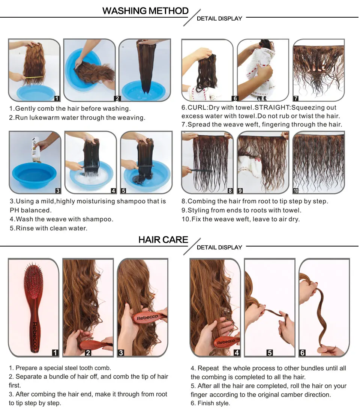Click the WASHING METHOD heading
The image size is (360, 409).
pyautogui.click(x=145, y=11)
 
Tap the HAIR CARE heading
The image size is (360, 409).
pyautogui.click(x=163, y=240)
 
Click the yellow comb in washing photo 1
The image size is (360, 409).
pyautogui.click(x=34, y=77)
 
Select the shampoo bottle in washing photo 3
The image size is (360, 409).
pyautogui.click(x=35, y=149)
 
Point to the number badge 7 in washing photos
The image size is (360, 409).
pyautogui.click(x=296, y=98)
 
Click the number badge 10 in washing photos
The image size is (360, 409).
pyautogui.click(x=295, y=191)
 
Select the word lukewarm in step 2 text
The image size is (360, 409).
pyautogui.click(x=54, y=118)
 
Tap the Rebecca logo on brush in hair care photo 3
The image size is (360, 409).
pyautogui.click(x=147, y=317)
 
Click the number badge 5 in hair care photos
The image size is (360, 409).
pyautogui.click(x=270, y=353)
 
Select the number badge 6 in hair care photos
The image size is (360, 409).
pyautogui.click(x=302, y=353)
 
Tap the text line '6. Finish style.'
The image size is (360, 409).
pyautogui.click(x=210, y=403)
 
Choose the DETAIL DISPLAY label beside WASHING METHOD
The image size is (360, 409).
pyautogui.click(x=219, y=18)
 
